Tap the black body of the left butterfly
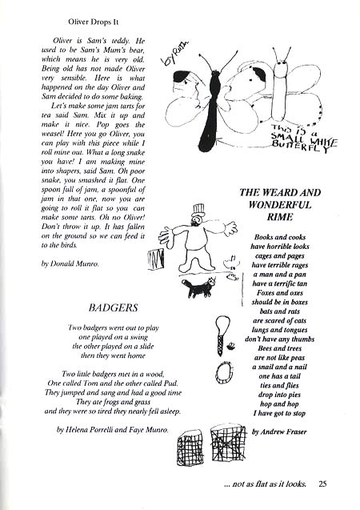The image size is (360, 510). [x=212, y=112]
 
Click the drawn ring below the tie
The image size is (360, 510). [x=222, y=371]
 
